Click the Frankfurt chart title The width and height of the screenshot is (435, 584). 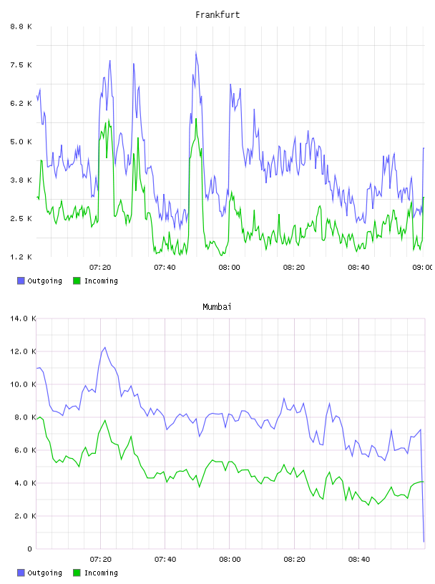pyautogui.click(x=217, y=15)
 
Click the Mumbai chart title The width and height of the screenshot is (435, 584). pyautogui.click(x=217, y=307)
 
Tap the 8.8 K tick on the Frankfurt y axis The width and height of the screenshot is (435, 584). pyautogui.click(x=21, y=26)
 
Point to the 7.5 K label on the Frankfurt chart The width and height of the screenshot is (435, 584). pyautogui.click(x=21, y=65)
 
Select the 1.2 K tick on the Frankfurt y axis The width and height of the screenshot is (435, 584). pyautogui.click(x=21, y=257)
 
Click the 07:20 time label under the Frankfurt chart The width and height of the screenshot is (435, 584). pyautogui.click(x=100, y=267)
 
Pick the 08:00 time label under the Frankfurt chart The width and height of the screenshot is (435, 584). pyautogui.click(x=230, y=267)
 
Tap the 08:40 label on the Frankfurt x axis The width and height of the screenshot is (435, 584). pyautogui.click(x=358, y=267)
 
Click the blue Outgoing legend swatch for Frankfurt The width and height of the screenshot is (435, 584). pyautogui.click(x=21, y=281)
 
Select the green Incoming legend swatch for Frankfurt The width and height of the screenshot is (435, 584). pyautogui.click(x=77, y=281)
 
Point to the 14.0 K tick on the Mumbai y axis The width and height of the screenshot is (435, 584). pyautogui.click(x=23, y=318)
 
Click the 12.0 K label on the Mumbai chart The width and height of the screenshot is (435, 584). pyautogui.click(x=23, y=351)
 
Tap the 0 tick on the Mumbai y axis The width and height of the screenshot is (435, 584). pyautogui.click(x=30, y=549)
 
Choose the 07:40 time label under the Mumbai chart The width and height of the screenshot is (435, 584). pyautogui.click(x=165, y=559)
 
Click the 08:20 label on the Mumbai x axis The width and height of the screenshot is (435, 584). pyautogui.click(x=294, y=559)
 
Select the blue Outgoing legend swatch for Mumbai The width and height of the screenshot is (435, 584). pyautogui.click(x=21, y=573)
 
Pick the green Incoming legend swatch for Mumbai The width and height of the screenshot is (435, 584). pyautogui.click(x=77, y=573)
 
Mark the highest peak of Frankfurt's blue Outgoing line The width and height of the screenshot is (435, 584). pyautogui.click(x=196, y=52)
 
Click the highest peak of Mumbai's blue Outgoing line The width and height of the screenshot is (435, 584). pyautogui.click(x=105, y=348)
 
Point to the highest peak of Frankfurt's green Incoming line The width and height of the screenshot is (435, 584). pyautogui.click(x=196, y=118)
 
